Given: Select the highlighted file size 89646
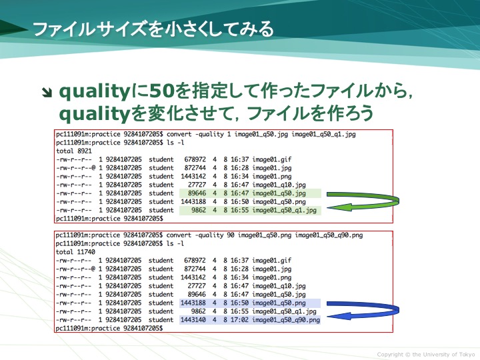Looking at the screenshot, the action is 197,193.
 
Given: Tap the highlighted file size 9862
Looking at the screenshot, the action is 199,210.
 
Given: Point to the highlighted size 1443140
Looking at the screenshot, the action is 193,320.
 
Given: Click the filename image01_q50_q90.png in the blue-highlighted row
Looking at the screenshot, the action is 286,320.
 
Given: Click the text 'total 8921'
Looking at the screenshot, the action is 74,151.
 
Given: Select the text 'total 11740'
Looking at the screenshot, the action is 75,252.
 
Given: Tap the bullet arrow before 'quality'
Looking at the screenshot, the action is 47,93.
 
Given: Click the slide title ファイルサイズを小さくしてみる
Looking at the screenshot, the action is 153,29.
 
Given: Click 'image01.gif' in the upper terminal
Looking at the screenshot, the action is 272,160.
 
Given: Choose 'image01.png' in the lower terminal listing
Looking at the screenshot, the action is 272,277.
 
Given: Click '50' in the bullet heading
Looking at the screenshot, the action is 162,91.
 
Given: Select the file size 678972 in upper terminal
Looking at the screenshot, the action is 195,159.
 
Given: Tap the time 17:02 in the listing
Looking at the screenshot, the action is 240,320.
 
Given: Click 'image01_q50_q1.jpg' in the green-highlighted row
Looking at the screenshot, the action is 284,211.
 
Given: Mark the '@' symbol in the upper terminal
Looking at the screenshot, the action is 93,168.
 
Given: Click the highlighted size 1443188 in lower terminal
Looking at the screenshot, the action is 193,303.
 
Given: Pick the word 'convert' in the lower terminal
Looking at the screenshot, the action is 179,235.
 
